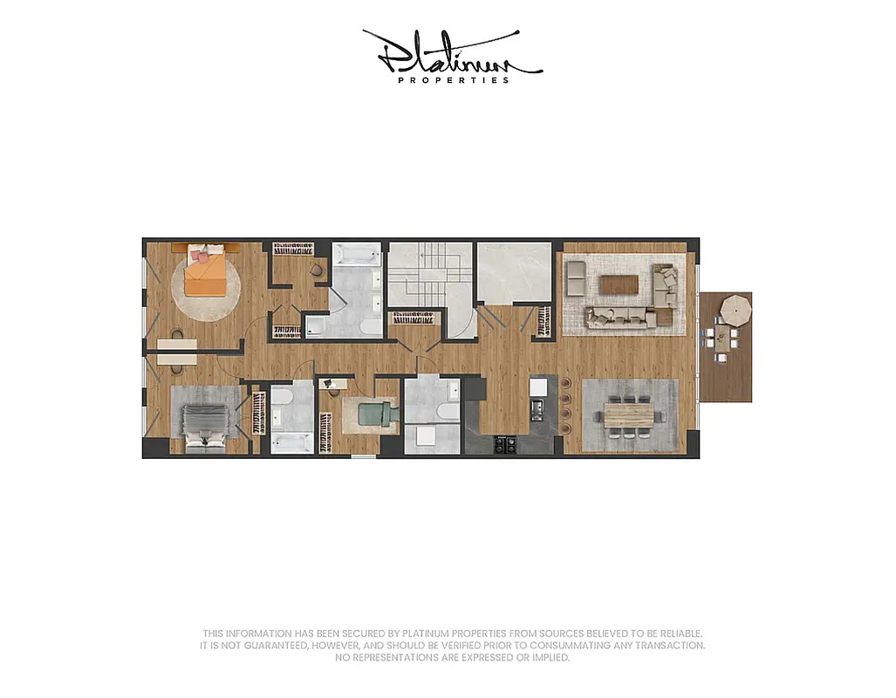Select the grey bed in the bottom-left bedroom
coord(204,423)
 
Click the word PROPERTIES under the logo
coord(453,80)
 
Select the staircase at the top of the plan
coord(428,275)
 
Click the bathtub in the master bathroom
coord(357,256)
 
